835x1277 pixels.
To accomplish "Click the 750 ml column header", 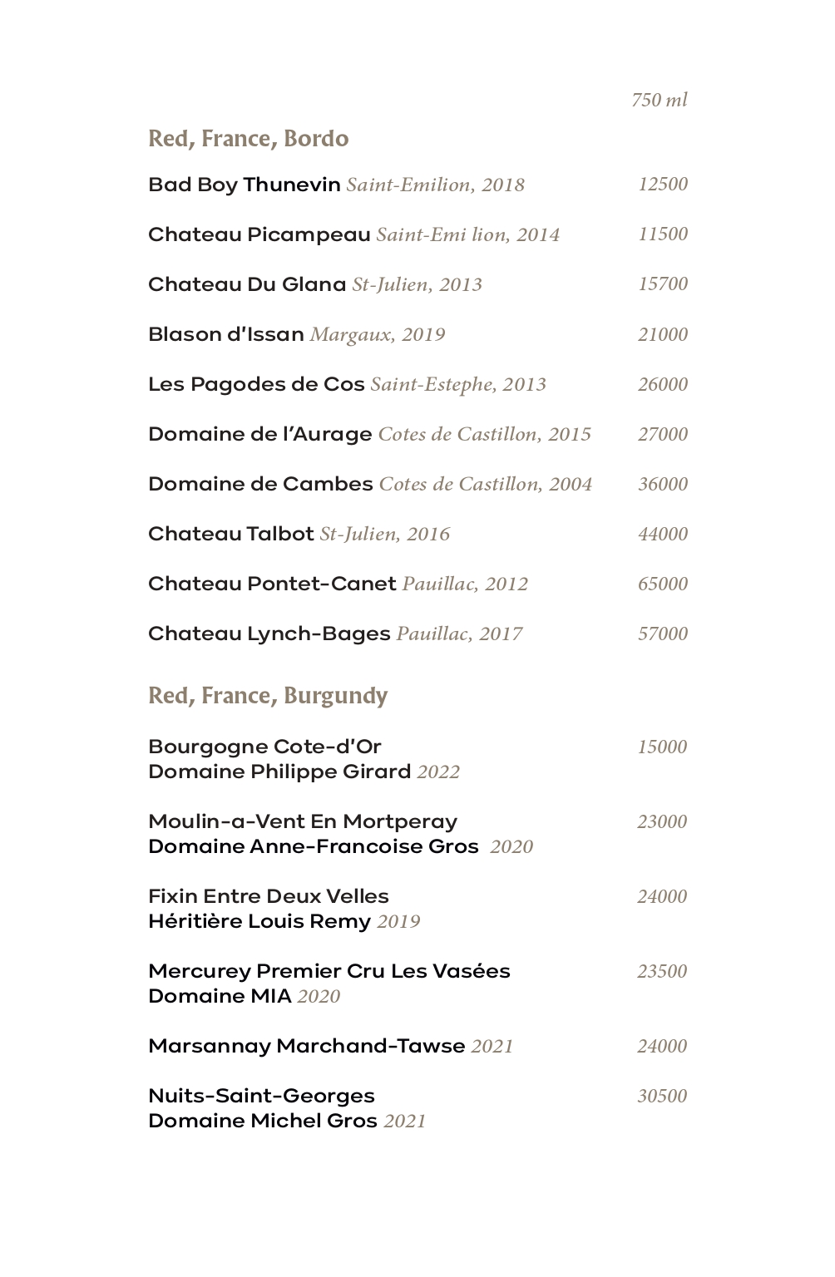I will tap(659, 101).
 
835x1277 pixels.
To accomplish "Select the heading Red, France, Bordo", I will tap(248, 139).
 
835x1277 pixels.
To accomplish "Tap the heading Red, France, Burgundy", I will tap(268, 696).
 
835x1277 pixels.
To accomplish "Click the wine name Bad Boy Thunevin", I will tap(244, 185).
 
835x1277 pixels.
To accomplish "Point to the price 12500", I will tap(663, 185).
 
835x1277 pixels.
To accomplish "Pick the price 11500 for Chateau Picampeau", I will tap(663, 234).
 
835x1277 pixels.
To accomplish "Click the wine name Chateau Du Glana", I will tap(246, 284).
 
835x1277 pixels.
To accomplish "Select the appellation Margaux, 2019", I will tap(378, 335).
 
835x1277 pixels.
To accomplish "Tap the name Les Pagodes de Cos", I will tap(256, 384).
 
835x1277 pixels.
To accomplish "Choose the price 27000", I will tap(663, 434).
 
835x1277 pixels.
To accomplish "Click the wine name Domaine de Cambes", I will tap(260, 484).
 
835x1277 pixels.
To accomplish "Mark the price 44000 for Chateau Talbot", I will tap(663, 534).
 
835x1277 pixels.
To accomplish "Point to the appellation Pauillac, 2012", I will tap(465, 584).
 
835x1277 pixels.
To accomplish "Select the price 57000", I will tap(663, 634).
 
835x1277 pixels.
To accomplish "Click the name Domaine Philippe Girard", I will tap(279, 772).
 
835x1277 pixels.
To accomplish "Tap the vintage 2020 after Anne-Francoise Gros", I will tap(511, 847).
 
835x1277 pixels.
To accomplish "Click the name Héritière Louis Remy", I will tap(259, 921).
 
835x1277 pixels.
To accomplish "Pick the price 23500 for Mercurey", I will tap(662, 971).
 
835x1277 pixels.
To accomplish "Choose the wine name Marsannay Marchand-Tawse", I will tap(306, 1046).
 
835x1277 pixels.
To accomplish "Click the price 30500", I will tap(662, 1096).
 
